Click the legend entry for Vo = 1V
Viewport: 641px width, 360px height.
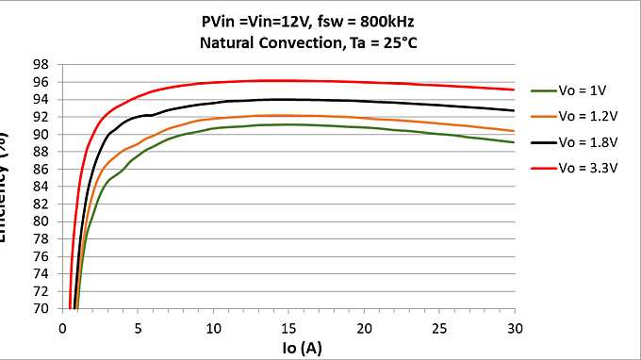(583, 90)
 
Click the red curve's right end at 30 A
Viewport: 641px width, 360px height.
(514, 90)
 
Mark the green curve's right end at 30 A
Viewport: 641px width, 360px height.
(514, 142)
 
